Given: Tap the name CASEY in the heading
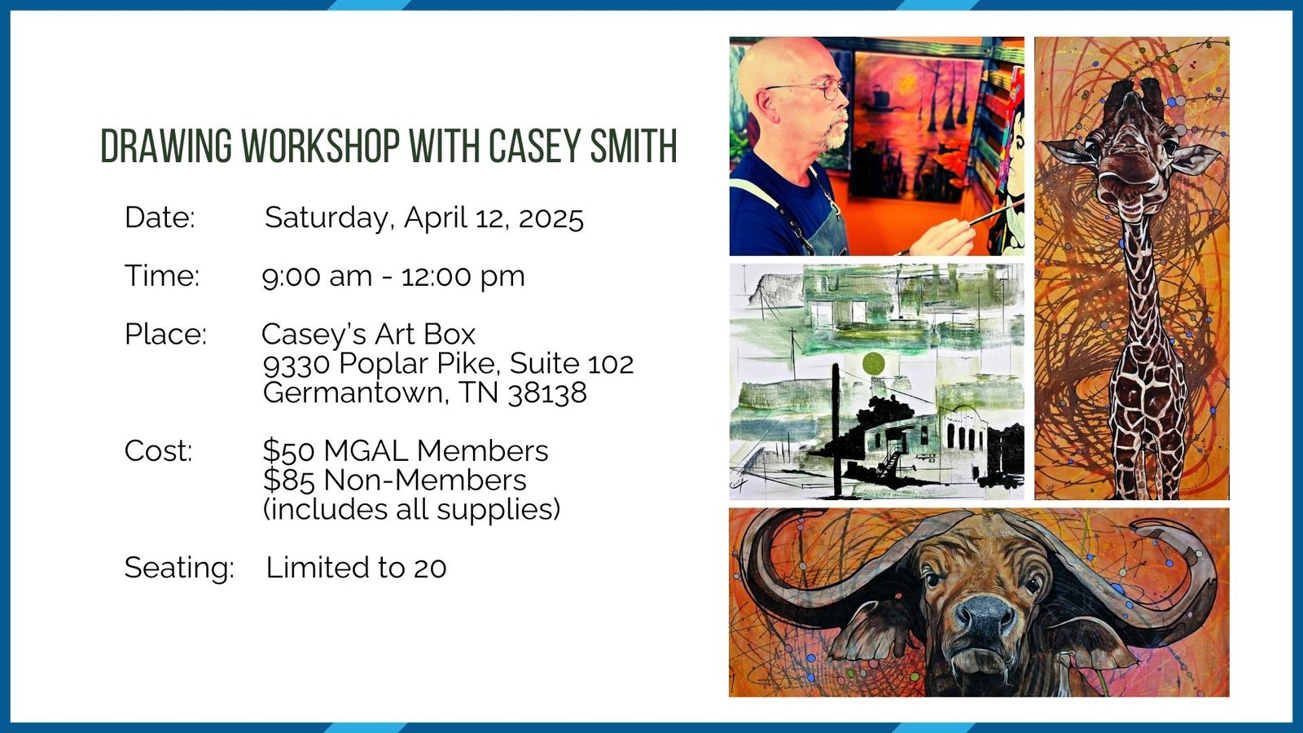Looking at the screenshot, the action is pyautogui.click(x=534, y=146).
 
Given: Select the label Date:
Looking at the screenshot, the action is pyautogui.click(x=160, y=217).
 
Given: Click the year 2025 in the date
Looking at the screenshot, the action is pyautogui.click(x=551, y=218).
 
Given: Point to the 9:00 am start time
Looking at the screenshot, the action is pyautogui.click(x=317, y=276).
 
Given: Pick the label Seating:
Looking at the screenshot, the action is pyautogui.click(x=179, y=568).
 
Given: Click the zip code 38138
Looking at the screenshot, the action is pyautogui.click(x=547, y=393).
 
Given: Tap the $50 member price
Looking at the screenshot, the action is pyautogui.click(x=289, y=451).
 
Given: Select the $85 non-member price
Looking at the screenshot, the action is pyautogui.click(x=289, y=480).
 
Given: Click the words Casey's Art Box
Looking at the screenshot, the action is pyautogui.click(x=368, y=335).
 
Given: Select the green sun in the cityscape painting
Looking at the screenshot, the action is pyautogui.click(x=873, y=363).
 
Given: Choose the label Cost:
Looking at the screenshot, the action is pyautogui.click(x=158, y=451).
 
